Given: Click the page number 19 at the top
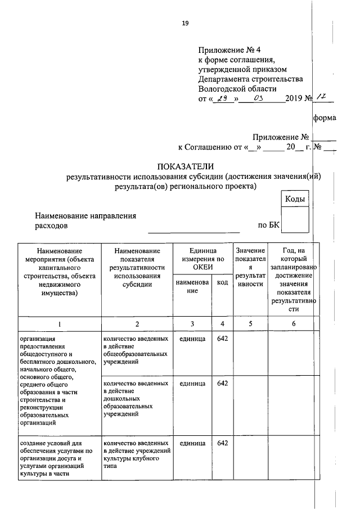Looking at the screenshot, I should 185,23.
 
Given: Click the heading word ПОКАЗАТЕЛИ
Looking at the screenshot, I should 186,166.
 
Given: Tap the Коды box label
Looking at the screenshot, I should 295,200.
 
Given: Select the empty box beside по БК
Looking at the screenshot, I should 295,219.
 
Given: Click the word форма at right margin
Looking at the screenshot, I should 325,118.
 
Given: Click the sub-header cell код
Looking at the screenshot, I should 222,282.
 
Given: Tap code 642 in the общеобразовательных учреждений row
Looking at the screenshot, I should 223,339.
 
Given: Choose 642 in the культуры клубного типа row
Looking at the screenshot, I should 223,443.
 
